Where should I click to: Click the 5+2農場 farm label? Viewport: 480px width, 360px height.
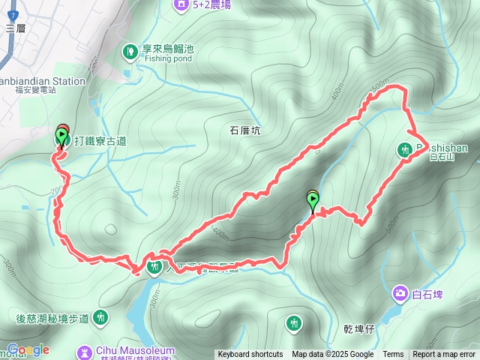[211, 5]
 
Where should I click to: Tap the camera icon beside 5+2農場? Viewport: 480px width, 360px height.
[181, 5]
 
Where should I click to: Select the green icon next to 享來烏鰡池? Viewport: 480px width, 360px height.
[130, 51]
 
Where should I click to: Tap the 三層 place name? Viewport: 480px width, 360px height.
[15, 28]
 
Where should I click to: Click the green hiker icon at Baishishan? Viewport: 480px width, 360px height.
[403, 150]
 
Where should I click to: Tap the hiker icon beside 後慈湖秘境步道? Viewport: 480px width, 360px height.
[101, 318]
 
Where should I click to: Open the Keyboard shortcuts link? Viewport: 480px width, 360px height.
[250, 355]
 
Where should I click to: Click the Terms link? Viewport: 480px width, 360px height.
[393, 355]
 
